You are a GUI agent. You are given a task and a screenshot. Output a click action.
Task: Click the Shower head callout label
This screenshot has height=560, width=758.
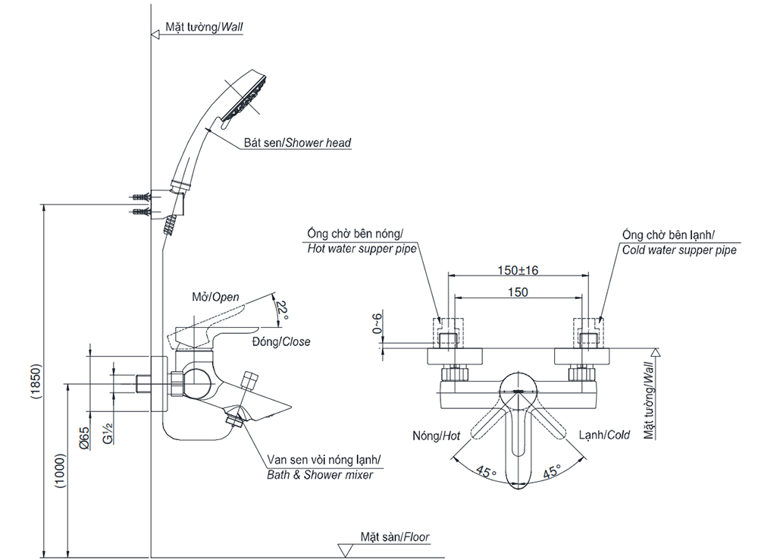click(297, 142)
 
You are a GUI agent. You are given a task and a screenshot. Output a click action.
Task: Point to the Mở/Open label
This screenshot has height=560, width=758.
click(215, 297)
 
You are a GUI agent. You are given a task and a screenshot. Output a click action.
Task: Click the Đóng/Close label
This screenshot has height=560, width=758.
click(281, 341)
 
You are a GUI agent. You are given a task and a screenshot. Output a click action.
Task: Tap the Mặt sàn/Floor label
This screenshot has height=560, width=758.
click(395, 537)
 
